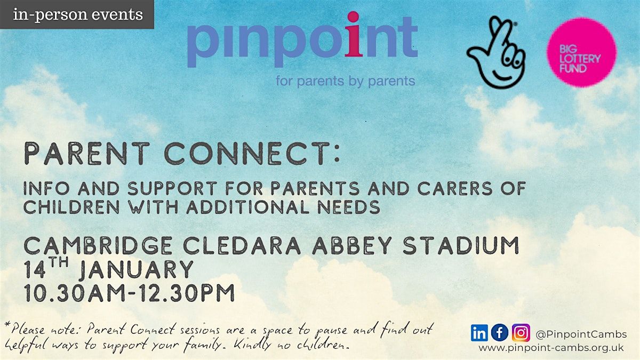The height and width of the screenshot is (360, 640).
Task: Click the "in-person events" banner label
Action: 78,14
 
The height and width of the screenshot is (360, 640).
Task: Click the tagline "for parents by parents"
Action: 345,81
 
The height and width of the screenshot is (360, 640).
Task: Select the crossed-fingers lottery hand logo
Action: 496,52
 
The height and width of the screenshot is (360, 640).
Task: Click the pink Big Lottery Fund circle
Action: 582,52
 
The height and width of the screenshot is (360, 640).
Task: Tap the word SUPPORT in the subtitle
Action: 172,189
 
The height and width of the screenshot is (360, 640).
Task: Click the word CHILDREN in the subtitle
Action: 71,207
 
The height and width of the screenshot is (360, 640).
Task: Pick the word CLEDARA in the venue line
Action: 242,245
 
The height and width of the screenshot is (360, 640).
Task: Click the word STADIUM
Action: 461,245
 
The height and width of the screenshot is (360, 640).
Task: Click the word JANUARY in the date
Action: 137,269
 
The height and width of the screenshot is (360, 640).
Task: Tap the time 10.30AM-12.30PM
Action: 129,293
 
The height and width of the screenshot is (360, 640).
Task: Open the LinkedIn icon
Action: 479,333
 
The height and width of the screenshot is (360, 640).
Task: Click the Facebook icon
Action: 500,333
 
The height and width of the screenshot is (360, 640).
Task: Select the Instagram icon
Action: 521,333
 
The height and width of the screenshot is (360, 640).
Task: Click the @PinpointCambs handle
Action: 581,334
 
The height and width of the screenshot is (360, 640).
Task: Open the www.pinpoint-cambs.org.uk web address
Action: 551,348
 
